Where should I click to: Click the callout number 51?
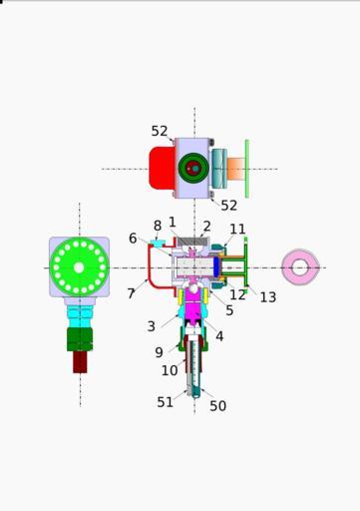(166, 402)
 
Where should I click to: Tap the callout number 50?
(218, 406)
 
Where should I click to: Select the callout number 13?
(268, 297)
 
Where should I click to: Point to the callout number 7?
(131, 293)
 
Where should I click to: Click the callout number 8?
(158, 226)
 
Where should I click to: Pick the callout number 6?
(133, 239)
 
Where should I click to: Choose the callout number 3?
(152, 326)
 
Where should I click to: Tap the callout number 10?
(170, 370)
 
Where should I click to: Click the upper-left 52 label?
(160, 131)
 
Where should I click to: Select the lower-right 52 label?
(229, 206)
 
